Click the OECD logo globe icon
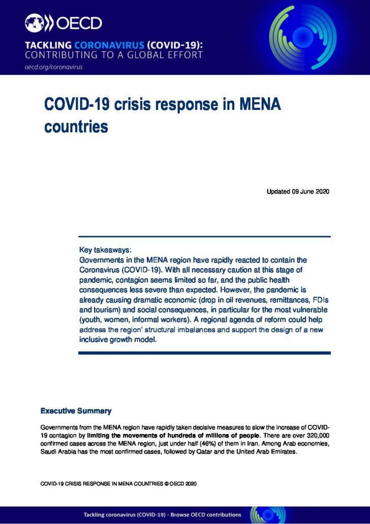click(x=34, y=23)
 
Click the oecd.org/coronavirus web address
click(x=53, y=67)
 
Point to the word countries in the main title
click(x=76, y=126)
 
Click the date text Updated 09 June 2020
click(x=298, y=192)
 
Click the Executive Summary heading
click(x=76, y=411)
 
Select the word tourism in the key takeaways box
click(x=105, y=309)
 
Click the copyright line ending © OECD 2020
click(x=118, y=483)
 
